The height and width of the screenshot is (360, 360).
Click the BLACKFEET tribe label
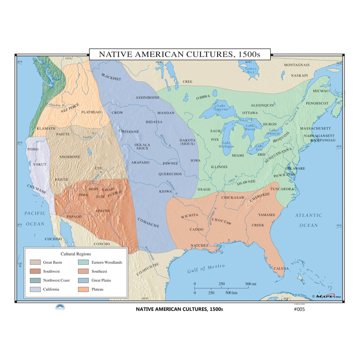111,77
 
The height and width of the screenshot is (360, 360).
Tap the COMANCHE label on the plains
148,223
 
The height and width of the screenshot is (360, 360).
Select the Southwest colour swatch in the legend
35,271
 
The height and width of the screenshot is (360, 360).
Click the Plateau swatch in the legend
83,289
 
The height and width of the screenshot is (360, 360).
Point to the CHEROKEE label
260,197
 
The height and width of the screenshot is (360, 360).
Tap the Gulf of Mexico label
206,269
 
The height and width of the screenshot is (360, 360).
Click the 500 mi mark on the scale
251,284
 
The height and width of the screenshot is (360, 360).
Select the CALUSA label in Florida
281,269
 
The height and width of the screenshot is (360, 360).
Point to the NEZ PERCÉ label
70,108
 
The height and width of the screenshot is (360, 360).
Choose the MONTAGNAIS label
297,65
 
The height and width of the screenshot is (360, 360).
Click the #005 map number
299,309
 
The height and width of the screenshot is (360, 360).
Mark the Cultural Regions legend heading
76,254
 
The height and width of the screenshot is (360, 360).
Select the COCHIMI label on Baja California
53,239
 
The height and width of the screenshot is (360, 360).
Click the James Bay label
251,70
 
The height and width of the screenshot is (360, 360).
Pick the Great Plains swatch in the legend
83,280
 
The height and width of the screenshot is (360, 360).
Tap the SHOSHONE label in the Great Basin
70,157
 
